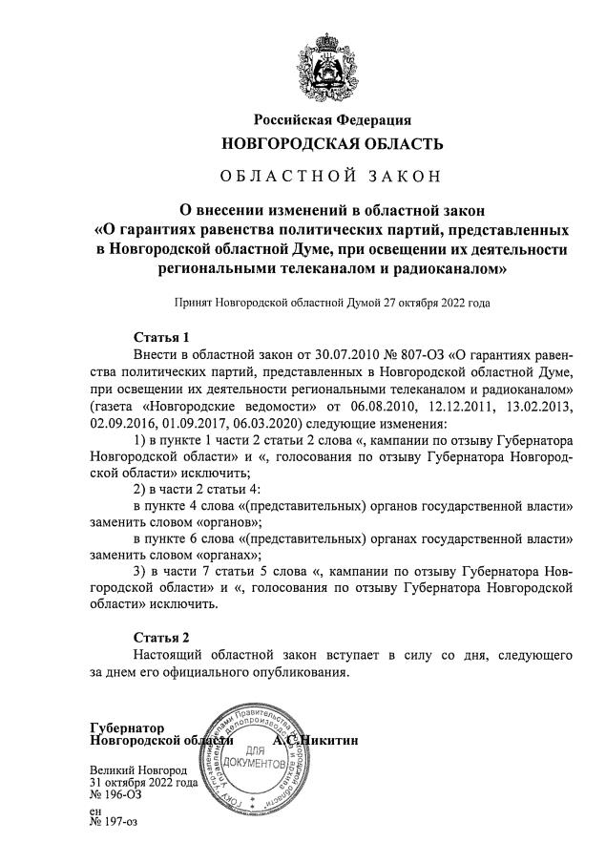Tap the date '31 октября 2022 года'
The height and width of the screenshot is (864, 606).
pyautogui.click(x=143, y=782)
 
